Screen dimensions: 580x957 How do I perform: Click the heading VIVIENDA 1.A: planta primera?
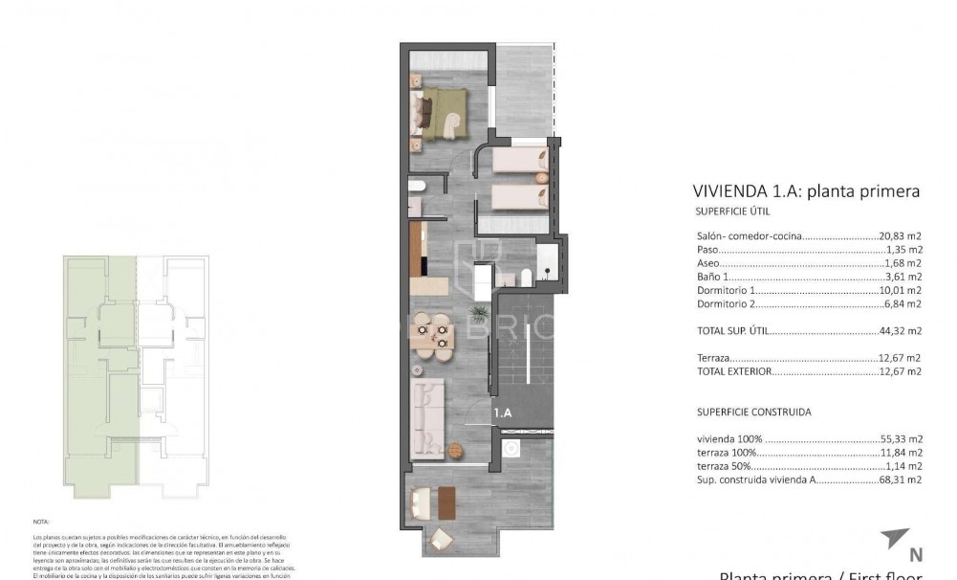click(x=805, y=191)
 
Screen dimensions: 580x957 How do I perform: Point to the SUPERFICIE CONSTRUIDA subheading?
click(x=753, y=413)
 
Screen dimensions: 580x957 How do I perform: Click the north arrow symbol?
click(x=896, y=539)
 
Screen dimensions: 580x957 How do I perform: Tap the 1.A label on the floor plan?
click(x=503, y=413)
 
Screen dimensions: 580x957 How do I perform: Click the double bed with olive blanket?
click(x=443, y=113)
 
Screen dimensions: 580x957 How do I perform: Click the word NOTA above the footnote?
click(x=40, y=523)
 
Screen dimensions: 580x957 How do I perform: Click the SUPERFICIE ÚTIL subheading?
click(x=733, y=212)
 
